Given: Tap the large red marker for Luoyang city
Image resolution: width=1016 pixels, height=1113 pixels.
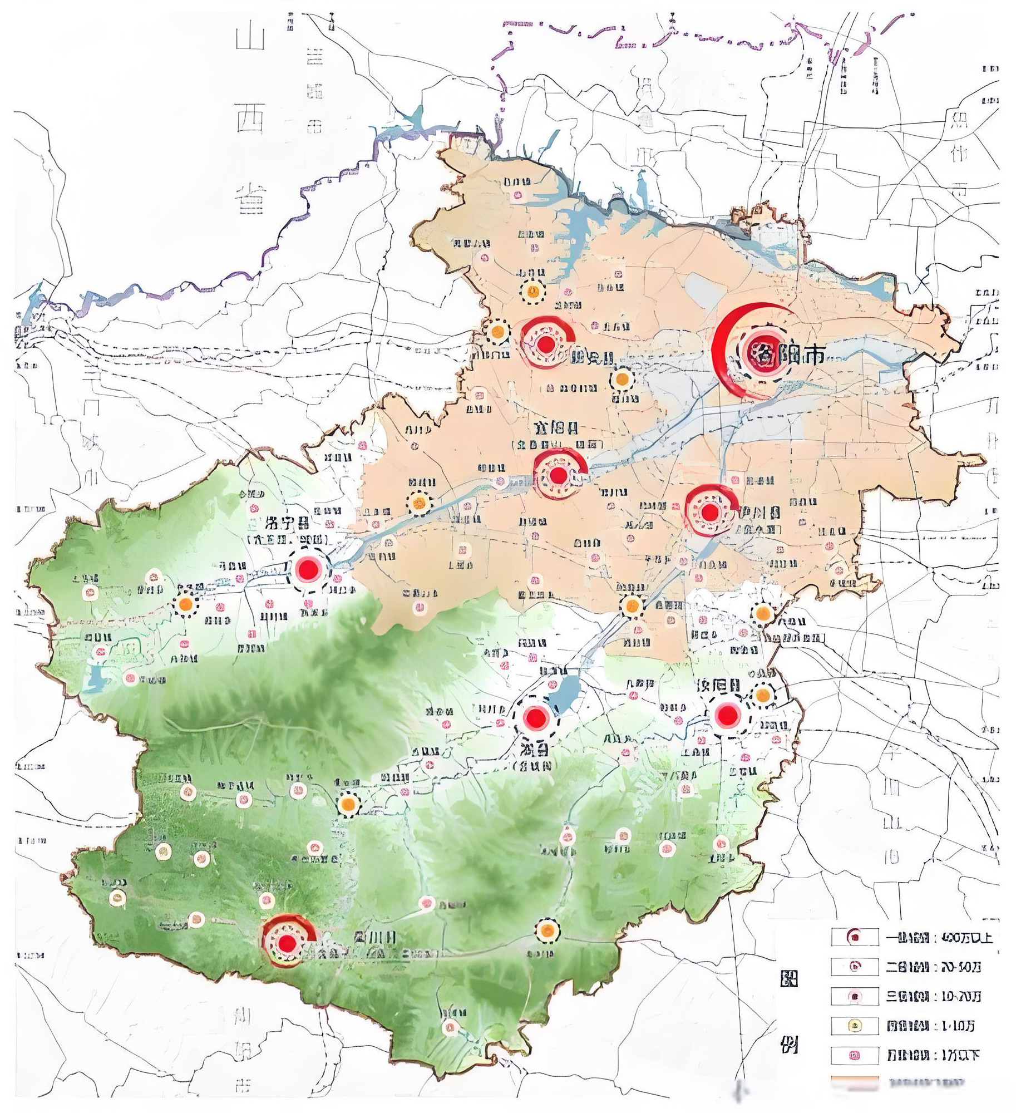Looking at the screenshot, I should coord(757,352).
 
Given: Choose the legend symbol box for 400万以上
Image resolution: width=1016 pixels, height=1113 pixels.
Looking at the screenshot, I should coord(855,938).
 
